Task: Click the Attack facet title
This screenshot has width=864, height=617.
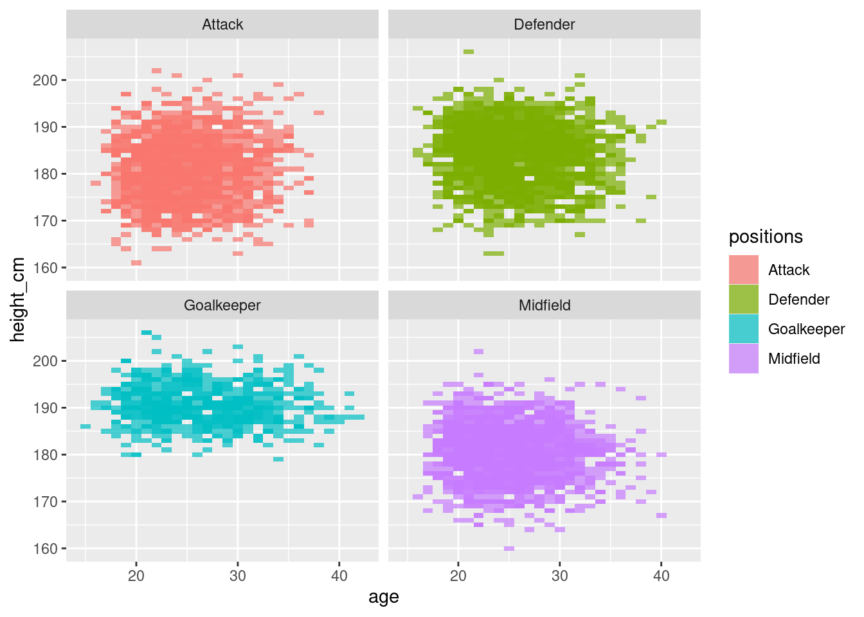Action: click(x=222, y=24)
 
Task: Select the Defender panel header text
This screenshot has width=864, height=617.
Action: click(x=544, y=24)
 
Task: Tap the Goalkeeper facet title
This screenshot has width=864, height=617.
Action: click(x=222, y=305)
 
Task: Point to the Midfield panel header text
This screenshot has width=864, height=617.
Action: click(x=544, y=305)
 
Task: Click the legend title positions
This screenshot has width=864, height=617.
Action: click(x=766, y=237)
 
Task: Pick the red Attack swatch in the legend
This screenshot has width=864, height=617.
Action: click(x=743, y=270)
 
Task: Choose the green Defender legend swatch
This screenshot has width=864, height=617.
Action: click(x=743, y=300)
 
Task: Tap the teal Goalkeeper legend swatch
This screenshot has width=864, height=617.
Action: click(x=743, y=329)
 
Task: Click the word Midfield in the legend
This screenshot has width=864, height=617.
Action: click(x=794, y=359)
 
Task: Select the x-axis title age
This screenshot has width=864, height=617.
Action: click(x=384, y=597)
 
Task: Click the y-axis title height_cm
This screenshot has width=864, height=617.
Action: click(x=18, y=300)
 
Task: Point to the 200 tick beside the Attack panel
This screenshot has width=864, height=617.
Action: click(x=45, y=80)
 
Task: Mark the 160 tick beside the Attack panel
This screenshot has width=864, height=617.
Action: click(x=45, y=268)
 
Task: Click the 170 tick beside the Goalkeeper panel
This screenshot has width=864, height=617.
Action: click(x=45, y=502)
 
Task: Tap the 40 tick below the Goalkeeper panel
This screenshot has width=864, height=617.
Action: click(x=339, y=575)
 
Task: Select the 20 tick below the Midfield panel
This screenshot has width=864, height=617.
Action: click(x=458, y=575)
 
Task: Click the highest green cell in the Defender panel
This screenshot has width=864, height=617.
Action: click(x=469, y=51)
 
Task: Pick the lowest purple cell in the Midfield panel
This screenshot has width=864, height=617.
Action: click(x=509, y=548)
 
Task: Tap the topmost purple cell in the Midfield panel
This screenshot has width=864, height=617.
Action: click(x=478, y=352)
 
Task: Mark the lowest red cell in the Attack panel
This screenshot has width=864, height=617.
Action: click(x=136, y=263)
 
